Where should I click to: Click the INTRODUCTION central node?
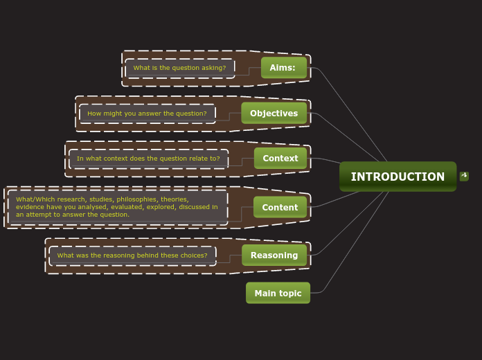coord(398,177)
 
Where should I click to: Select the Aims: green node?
coord(283,68)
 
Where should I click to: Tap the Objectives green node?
coord(274,114)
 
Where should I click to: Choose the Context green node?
coord(280,159)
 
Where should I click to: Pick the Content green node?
coord(280,207)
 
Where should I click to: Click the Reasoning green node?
coord(274,255)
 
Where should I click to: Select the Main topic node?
coord(278,293)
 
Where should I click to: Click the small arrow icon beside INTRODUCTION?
coord(464,176)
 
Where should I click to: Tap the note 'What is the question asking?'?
coord(179,68)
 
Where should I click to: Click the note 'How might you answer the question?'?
coord(147,114)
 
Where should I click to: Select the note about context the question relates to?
coord(148,159)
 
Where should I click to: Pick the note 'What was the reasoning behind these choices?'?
coord(132,255)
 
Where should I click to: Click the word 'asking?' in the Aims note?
coord(214,68)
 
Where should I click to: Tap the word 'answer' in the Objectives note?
coord(154,114)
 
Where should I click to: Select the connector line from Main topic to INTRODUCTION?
coord(353,242)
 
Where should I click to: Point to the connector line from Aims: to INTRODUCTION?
coord(353,114)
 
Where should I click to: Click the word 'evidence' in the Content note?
coord(30,207)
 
